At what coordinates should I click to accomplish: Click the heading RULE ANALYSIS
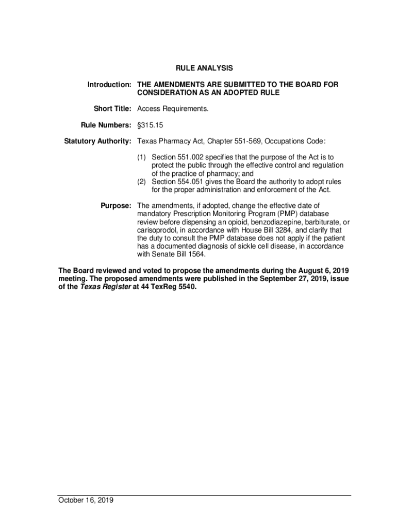click(x=204, y=68)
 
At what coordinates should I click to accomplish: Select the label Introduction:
click(x=109, y=84)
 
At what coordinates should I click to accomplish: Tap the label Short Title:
click(x=112, y=109)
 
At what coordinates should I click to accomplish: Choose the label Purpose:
click(x=116, y=206)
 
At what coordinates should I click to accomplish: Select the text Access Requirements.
click(x=173, y=109)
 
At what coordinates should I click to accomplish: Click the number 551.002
click(x=191, y=157)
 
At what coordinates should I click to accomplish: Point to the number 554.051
click(x=191, y=181)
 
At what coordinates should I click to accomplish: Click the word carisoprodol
click(x=157, y=230)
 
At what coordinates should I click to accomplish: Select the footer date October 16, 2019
click(x=86, y=500)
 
